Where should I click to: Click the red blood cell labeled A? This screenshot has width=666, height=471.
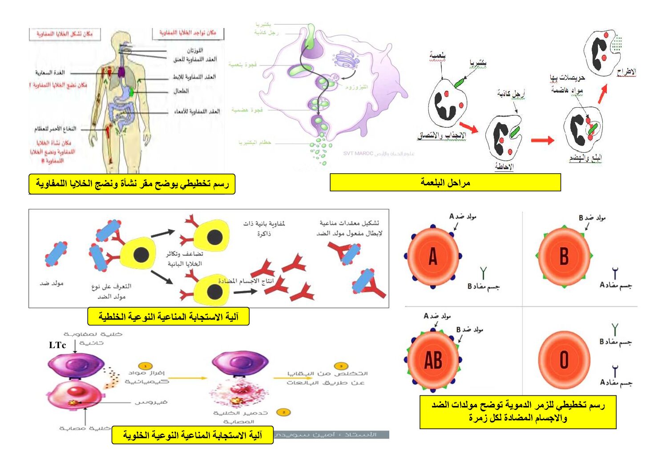click(433, 256)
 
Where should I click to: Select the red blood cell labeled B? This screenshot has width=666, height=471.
click(564, 256)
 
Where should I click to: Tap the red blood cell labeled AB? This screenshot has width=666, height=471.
click(433, 360)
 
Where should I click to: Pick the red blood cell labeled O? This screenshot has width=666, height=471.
click(564, 359)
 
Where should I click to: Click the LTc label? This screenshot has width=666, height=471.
click(57, 345)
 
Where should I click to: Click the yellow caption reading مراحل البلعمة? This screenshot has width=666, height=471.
click(445, 183)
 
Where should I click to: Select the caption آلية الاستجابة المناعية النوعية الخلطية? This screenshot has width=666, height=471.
click(168, 317)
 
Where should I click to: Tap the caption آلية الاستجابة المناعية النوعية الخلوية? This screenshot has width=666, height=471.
click(192, 435)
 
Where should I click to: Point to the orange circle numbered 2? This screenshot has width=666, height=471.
click(283, 412)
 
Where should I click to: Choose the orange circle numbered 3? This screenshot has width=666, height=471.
click(341, 366)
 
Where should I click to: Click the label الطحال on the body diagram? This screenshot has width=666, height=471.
click(181, 91)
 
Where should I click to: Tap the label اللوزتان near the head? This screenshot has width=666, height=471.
click(195, 50)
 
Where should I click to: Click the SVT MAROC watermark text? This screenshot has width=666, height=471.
click(358, 154)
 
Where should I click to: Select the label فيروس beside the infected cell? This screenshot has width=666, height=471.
click(151, 402)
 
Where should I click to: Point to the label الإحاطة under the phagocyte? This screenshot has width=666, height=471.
click(504, 166)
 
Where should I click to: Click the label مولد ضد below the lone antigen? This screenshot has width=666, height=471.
click(52, 283)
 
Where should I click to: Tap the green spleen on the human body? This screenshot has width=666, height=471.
click(132, 92)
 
